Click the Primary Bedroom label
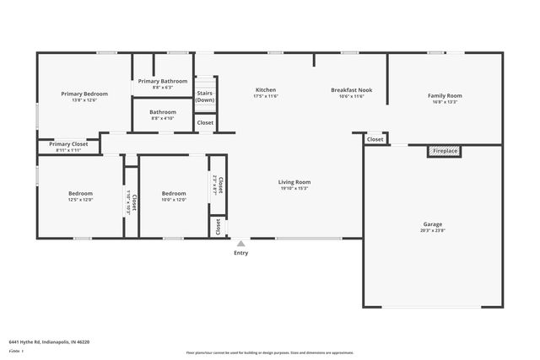point(84,94)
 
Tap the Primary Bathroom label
point(163,81)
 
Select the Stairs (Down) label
point(205,96)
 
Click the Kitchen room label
point(266,89)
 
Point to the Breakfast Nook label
point(351,89)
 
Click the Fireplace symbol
point(445,151)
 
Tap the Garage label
point(432,224)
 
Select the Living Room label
point(294,182)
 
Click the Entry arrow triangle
point(240,244)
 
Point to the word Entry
point(240,253)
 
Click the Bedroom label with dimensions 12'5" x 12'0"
point(80,193)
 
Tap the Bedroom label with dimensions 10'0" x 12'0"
point(173,193)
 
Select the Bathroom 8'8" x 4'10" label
point(163,112)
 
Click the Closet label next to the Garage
point(375,139)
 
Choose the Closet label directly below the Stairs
point(205,122)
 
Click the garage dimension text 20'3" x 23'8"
point(432,231)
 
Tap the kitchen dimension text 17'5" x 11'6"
point(266,96)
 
